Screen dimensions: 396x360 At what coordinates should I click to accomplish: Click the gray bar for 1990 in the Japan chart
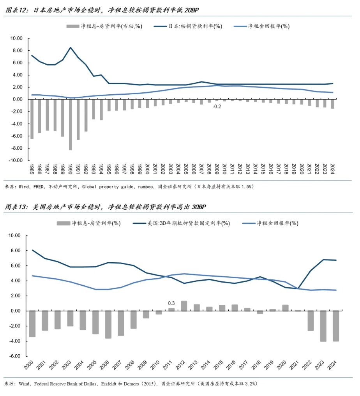click(71, 124)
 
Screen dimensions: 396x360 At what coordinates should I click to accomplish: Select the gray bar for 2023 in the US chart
click(323, 326)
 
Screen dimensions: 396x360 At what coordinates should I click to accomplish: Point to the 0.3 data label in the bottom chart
click(171, 303)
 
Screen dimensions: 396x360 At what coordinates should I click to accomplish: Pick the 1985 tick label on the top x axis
click(32, 169)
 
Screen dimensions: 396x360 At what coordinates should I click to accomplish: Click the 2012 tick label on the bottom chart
click(184, 366)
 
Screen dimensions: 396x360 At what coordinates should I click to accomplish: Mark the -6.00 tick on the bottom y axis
click(16, 356)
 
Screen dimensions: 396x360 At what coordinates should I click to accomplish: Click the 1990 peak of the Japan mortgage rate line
click(71, 48)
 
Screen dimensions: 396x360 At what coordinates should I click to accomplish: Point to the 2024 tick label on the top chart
click(332, 169)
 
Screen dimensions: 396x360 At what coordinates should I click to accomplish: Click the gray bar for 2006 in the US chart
click(108, 324)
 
